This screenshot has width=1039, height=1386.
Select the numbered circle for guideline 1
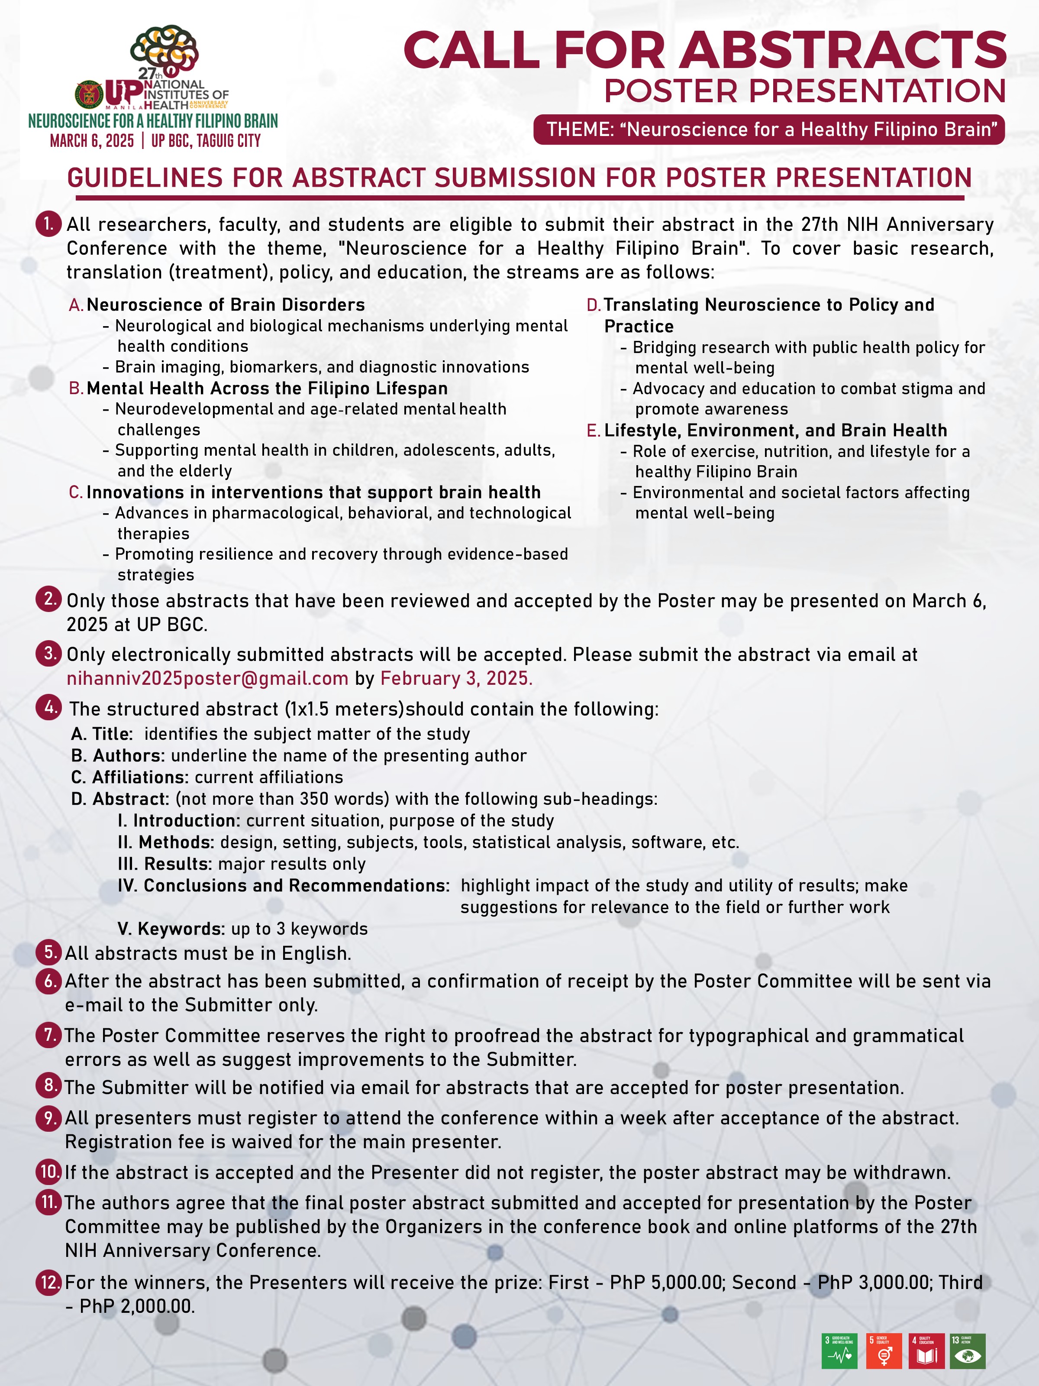[x=48, y=223]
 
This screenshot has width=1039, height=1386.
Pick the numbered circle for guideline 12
[x=49, y=1282]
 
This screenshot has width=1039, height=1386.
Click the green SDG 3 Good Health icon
[x=839, y=1350]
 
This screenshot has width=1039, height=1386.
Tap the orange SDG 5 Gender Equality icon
[x=884, y=1350]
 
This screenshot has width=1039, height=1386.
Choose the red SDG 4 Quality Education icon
[x=926, y=1350]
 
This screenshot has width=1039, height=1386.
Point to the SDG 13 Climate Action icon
[x=968, y=1350]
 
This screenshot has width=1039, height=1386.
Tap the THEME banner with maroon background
[x=769, y=129]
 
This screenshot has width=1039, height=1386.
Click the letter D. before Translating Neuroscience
[x=593, y=305]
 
